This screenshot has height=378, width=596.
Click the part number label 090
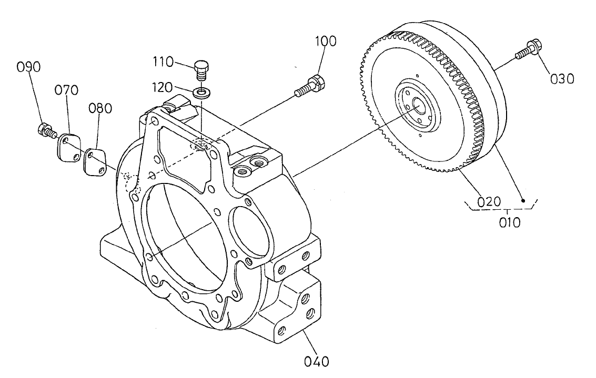coord(29,67)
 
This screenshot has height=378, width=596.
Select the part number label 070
coord(67,90)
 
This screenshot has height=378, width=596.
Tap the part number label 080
coord(100,108)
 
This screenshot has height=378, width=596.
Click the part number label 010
coord(509,222)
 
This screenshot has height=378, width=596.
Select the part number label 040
coord(317,362)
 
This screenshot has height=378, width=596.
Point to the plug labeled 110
coord(200,68)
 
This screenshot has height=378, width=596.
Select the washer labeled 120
coord(200,93)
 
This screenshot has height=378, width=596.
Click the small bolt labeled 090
coord(45,129)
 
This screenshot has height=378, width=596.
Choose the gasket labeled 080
coord(95,160)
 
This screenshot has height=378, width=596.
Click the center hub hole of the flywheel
coord(419,105)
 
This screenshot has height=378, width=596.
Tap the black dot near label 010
coord(523,200)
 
